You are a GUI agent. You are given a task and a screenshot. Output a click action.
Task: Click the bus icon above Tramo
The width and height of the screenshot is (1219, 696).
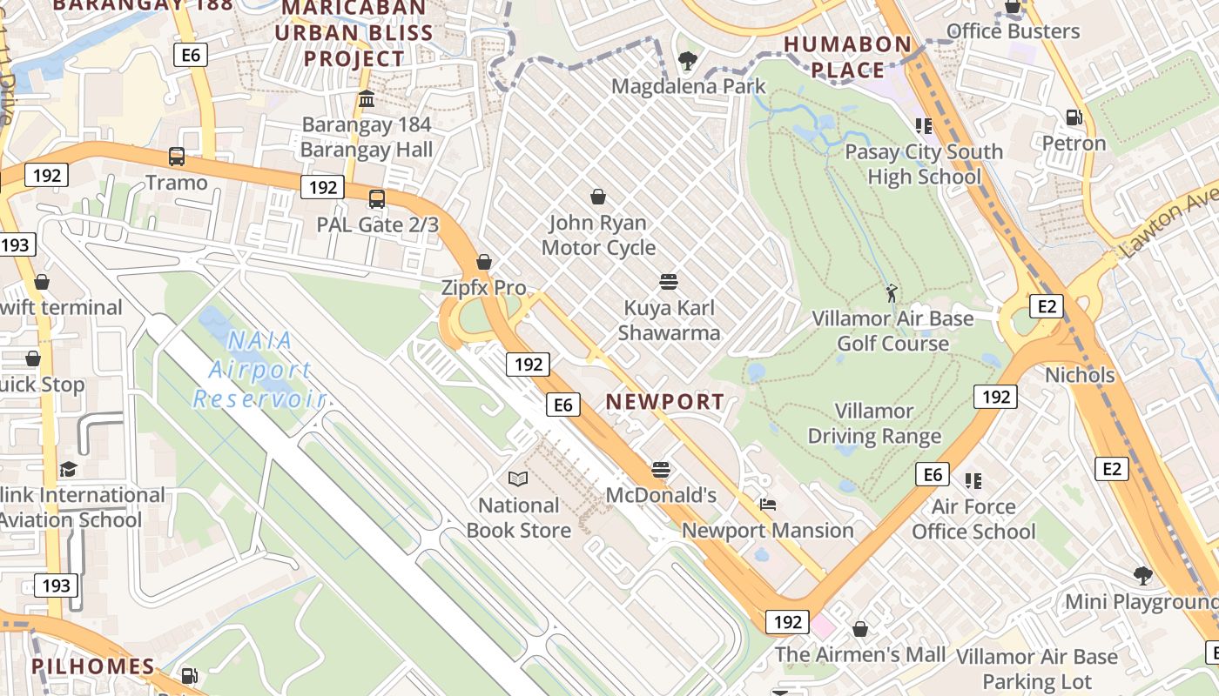point(177,157)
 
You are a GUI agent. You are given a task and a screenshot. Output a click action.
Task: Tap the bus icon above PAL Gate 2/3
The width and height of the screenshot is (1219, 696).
point(377,198)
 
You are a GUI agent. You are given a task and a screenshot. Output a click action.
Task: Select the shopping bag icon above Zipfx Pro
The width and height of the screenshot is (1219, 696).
point(484,262)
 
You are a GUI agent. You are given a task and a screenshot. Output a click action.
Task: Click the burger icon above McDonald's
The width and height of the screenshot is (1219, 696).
point(661,470)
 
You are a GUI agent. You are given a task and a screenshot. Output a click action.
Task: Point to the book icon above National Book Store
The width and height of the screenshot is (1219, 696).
point(518,478)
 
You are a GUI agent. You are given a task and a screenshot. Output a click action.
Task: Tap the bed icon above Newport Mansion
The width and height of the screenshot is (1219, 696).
point(767,505)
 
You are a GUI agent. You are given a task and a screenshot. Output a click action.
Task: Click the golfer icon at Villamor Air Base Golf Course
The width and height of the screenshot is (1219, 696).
point(891,292)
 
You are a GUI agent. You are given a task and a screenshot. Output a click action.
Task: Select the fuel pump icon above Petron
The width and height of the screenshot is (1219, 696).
point(1074,117)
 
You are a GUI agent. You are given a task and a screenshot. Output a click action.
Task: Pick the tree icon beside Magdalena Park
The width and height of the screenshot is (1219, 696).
point(688,61)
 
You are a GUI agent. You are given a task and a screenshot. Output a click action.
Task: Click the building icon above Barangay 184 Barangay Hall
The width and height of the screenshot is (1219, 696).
point(367,99)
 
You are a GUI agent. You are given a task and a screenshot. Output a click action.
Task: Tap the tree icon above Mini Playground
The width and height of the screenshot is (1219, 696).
point(1142,575)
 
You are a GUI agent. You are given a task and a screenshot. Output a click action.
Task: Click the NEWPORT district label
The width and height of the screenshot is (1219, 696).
point(665,402)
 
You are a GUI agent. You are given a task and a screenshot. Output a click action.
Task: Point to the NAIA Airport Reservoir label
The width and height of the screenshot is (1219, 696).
point(259,370)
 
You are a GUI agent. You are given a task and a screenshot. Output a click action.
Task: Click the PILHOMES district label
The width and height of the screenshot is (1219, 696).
point(93,667)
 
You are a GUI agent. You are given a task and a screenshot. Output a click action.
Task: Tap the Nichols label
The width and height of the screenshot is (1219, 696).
point(1080,376)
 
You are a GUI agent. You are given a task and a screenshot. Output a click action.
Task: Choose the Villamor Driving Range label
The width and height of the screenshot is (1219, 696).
point(874,424)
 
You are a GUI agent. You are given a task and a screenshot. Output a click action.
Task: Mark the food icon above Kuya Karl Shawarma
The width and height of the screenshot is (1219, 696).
point(669,282)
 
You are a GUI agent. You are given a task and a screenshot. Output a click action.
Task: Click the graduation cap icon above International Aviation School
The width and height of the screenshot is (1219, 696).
point(68,470)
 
